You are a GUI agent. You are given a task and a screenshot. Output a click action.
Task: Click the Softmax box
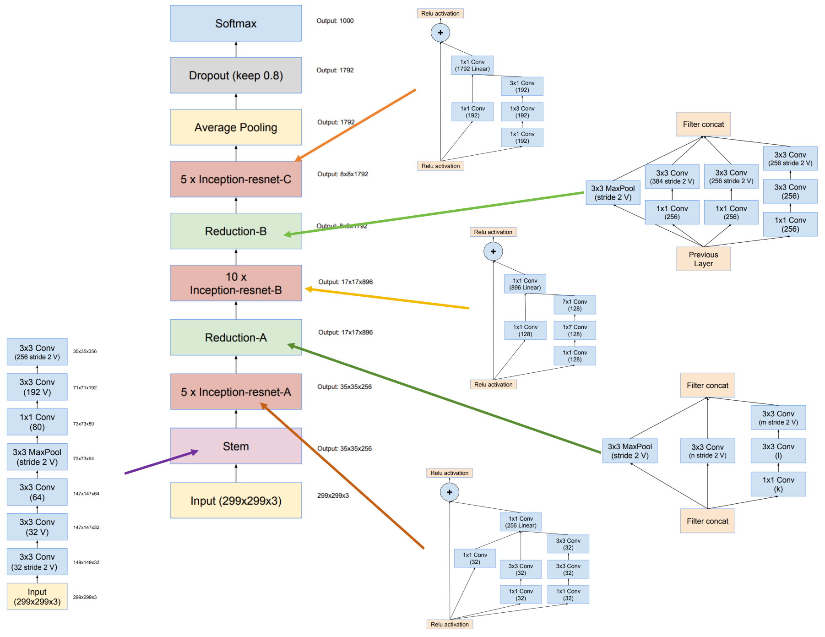[236, 23]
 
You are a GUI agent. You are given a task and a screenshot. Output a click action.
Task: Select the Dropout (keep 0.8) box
[236, 75]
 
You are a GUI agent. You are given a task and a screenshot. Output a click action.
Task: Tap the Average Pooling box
[236, 127]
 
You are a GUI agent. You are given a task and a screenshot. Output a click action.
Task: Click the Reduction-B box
[236, 231]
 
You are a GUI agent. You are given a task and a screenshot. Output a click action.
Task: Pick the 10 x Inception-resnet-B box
[236, 283]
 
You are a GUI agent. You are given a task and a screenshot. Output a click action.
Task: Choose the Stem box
[236, 446]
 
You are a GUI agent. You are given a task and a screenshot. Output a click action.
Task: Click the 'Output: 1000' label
[335, 21]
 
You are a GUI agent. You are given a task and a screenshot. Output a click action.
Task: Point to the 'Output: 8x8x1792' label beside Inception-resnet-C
[342, 174]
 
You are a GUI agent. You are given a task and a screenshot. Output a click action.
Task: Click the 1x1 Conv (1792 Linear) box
[472, 65]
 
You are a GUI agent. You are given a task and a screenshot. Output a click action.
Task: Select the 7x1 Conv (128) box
[575, 305]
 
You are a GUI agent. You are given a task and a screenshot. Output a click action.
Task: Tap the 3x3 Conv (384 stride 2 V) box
[672, 177]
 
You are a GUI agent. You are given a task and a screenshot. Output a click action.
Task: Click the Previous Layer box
[703, 259]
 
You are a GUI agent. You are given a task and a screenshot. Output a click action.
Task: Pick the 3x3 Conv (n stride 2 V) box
[707, 451]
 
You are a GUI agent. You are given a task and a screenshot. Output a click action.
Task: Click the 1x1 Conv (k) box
[778, 484]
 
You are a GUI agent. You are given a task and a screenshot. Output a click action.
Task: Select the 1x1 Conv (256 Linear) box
[521, 522]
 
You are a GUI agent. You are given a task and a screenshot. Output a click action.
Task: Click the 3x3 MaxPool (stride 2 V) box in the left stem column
[37, 457]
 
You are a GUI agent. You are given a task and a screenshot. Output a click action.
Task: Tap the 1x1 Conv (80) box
[37, 422]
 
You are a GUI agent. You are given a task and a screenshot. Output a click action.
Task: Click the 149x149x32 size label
[86, 562]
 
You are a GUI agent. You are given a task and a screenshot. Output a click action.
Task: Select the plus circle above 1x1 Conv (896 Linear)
[493, 251]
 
